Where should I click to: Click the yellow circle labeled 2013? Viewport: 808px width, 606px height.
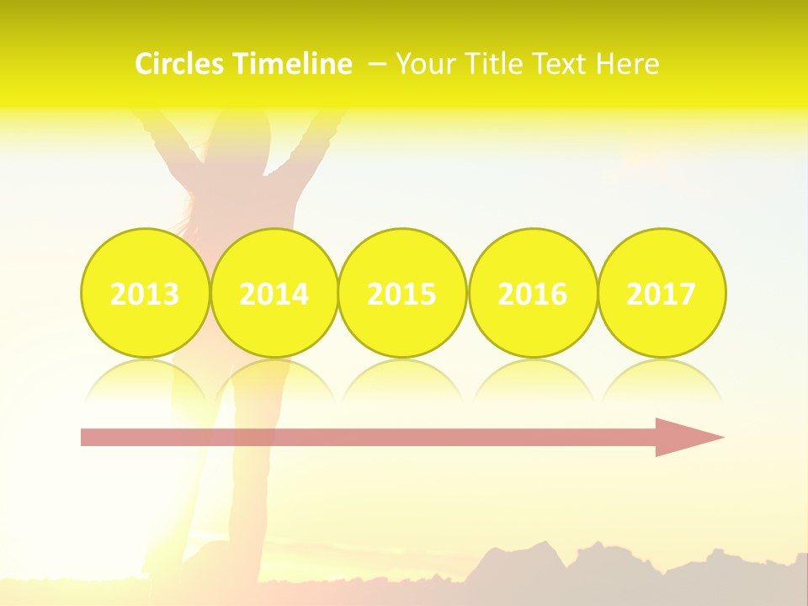pyautogui.click(x=145, y=293)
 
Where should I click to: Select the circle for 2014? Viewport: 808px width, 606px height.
pyautogui.click(x=274, y=293)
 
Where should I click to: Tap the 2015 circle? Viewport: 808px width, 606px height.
pyautogui.click(x=402, y=293)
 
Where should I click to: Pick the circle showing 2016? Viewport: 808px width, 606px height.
pyautogui.click(x=533, y=293)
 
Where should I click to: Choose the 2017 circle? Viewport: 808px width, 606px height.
pyautogui.click(x=662, y=293)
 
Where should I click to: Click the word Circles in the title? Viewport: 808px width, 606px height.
pyautogui.click(x=180, y=64)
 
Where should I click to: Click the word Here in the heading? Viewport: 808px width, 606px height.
pyautogui.click(x=631, y=64)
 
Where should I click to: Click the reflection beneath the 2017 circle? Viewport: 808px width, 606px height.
pyautogui.click(x=662, y=379)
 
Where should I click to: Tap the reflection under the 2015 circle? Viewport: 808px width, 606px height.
pyautogui.click(x=402, y=379)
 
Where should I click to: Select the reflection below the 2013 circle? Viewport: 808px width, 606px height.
pyautogui.click(x=145, y=379)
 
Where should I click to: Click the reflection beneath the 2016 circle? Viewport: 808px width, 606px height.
pyautogui.click(x=533, y=379)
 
